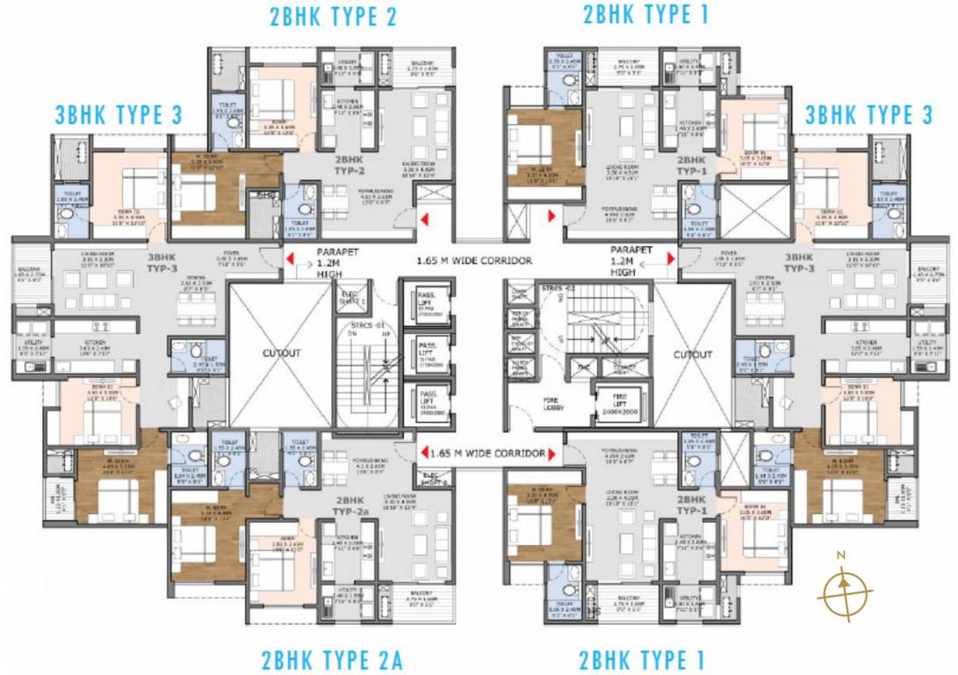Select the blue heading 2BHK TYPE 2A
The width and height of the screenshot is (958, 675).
331,660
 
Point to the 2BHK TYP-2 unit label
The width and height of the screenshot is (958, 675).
349,164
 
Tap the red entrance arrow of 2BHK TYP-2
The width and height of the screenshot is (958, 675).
424,219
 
